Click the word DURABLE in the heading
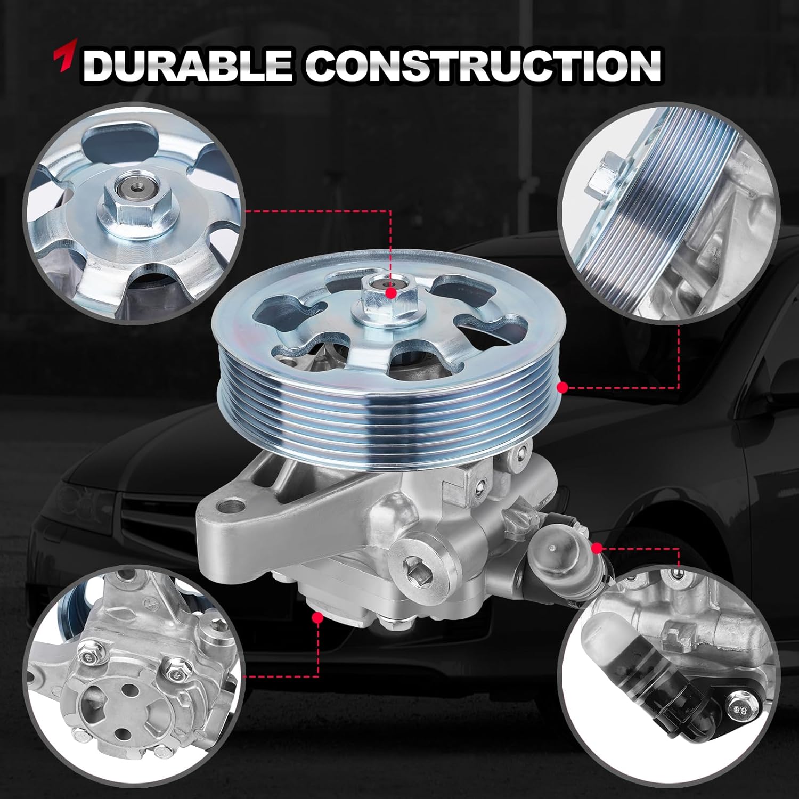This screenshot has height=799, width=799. click(x=187, y=66)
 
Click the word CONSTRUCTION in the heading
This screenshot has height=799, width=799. click(x=482, y=66)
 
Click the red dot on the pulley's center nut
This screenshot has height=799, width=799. click(x=392, y=293)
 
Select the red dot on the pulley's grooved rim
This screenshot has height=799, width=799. click(x=562, y=387)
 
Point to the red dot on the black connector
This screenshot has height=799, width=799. click(x=598, y=547)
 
